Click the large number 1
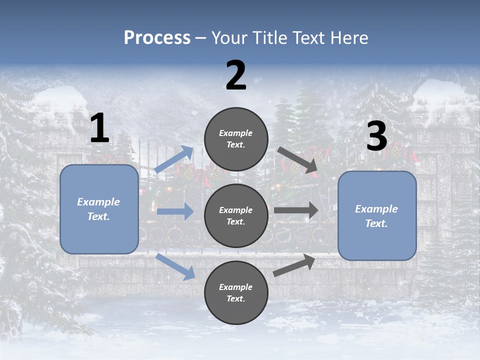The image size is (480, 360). click(x=99, y=128)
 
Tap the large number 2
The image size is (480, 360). click(x=236, y=75)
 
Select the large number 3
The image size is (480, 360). click(x=376, y=136)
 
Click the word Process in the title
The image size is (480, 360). click(x=157, y=37)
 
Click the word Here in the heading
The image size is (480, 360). click(x=349, y=37)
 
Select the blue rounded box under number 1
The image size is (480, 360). click(x=99, y=209)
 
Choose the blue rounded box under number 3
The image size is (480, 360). click(x=377, y=216)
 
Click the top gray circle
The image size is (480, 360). click(x=236, y=139)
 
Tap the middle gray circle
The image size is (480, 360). click(x=236, y=215)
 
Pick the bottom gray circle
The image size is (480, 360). click(x=236, y=292)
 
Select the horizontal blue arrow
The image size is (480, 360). click(x=175, y=211)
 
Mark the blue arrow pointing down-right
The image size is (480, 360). click(x=175, y=266)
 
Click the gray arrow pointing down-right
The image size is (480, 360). click(x=298, y=160)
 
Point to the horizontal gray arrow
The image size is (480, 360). click(x=296, y=210)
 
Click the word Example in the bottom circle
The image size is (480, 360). click(x=235, y=287)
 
